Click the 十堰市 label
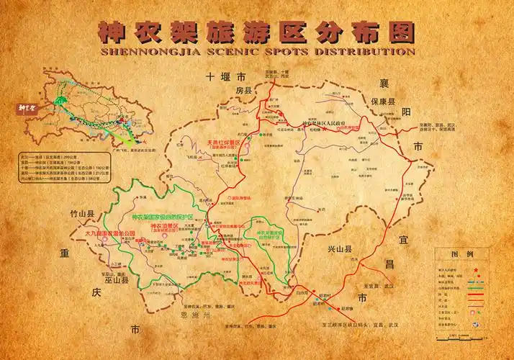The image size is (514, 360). coord(225,76)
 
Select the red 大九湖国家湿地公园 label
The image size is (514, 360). coord(109,234)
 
